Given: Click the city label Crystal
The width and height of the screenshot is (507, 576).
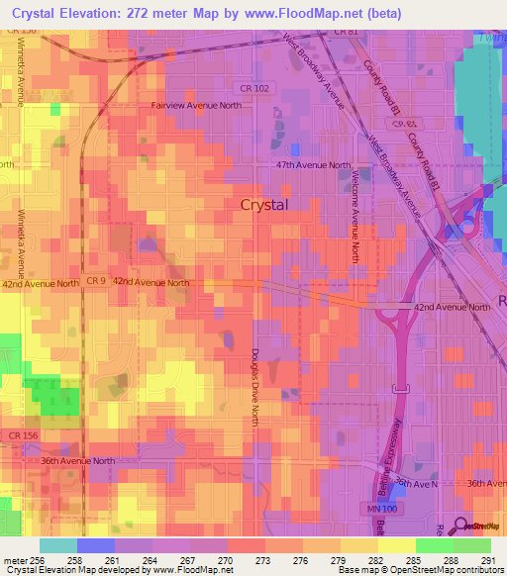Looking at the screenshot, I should tap(264, 205).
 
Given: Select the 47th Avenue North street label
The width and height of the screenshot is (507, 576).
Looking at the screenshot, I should tap(313, 165).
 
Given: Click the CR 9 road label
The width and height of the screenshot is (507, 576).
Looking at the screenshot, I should tap(95, 281).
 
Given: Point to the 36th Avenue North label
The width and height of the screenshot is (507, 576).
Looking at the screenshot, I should tap(79, 460).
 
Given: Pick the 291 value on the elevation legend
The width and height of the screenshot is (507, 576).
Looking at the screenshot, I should tap(488, 559).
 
